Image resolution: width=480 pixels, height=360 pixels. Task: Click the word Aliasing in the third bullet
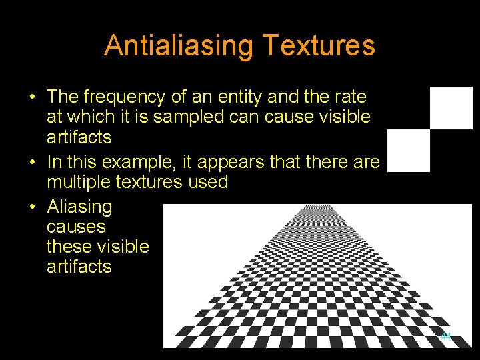tap(79, 207)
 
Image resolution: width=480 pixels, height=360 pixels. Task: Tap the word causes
tap(76, 227)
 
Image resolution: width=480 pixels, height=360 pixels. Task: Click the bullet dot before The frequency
tap(32, 97)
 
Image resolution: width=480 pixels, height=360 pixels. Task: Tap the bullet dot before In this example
tap(32, 163)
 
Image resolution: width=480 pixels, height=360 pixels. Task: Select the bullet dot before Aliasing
tap(32, 207)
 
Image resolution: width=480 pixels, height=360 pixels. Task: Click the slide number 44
tap(446, 336)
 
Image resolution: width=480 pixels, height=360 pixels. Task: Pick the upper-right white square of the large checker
tap(451, 107)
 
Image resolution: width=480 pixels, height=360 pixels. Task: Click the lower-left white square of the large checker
tap(409, 151)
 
